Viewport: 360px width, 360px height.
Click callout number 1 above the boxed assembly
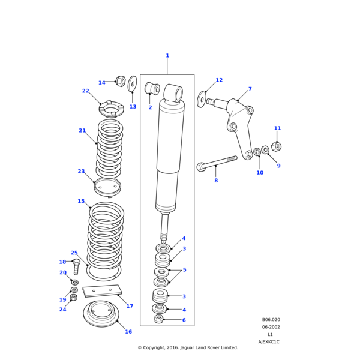167,56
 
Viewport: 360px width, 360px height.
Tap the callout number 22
85,91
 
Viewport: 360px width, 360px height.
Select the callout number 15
81,202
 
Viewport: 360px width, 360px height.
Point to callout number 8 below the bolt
216,181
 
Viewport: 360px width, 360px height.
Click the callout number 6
184,320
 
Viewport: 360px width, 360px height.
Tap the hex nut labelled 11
275,146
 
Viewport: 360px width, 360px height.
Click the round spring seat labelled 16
101,313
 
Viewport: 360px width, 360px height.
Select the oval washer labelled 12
201,99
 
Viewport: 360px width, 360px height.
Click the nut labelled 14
120,81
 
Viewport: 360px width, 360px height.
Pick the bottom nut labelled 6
158,319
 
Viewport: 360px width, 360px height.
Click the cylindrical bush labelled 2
152,89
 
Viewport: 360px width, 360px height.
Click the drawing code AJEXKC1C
269,342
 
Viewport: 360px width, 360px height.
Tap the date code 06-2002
271,327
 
